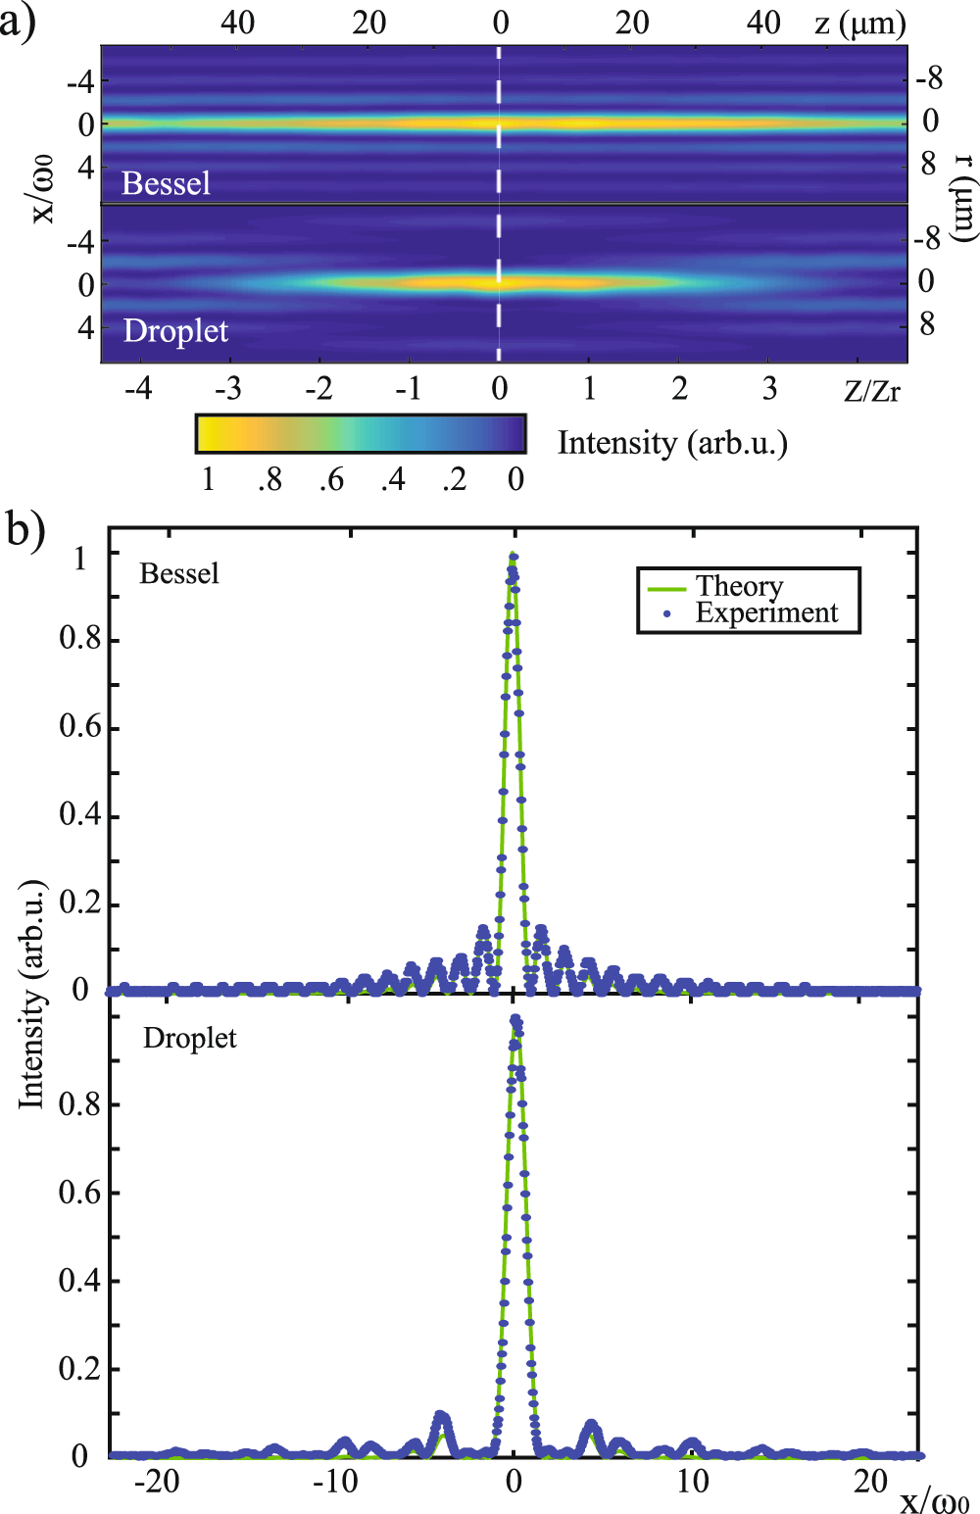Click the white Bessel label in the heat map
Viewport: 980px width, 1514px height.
166,183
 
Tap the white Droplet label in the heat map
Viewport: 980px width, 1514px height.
175,331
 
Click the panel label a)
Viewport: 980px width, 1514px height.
19,22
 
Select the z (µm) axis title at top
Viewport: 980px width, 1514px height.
859,23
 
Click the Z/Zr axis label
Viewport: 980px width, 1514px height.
871,391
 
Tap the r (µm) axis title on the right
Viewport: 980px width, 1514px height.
964,197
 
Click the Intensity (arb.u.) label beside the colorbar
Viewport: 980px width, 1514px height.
672,443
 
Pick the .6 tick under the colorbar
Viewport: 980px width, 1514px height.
331,479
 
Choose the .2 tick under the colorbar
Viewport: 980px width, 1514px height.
454,479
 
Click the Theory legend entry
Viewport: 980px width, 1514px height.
739,586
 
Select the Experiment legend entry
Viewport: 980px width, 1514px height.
766,612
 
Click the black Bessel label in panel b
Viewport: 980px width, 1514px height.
179,573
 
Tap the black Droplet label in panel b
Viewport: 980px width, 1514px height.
190,1038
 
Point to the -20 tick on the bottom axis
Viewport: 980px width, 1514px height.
157,1481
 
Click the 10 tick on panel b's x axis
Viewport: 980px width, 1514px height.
692,1481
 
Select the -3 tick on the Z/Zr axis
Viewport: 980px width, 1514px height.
228,389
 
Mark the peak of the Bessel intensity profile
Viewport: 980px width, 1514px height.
513,556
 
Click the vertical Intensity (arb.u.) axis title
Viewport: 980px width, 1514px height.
32,994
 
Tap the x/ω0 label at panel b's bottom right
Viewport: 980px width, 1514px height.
934,1500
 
